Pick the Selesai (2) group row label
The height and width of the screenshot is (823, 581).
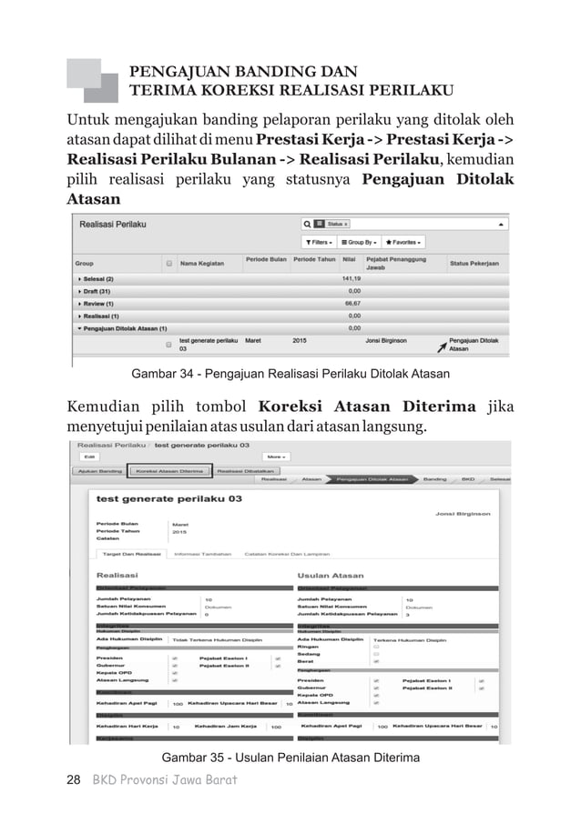click(97, 278)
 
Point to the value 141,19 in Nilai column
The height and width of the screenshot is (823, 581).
click(352, 278)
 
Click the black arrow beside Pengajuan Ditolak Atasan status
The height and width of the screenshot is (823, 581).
click(442, 346)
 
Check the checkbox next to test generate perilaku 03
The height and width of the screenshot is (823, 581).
click(168, 346)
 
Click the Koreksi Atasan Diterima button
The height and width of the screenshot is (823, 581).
click(168, 471)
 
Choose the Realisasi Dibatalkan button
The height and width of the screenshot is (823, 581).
click(241, 471)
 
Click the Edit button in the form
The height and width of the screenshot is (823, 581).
click(89, 457)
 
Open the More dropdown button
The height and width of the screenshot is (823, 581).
click(276, 457)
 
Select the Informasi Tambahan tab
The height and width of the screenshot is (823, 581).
click(199, 553)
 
